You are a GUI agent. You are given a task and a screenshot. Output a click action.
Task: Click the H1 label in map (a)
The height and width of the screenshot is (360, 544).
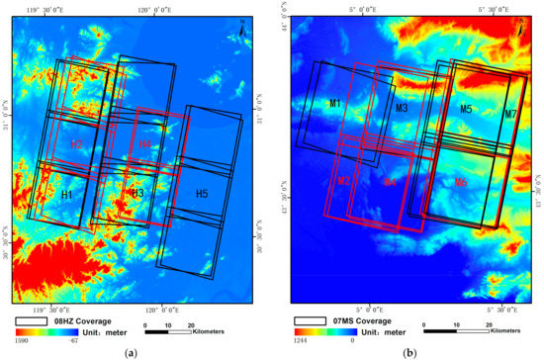66,196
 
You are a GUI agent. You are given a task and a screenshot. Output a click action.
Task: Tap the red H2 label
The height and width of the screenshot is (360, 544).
76,144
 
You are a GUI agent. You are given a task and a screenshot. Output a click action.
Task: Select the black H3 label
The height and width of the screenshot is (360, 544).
137,192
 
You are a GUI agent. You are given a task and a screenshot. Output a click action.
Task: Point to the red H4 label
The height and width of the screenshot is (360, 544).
144,146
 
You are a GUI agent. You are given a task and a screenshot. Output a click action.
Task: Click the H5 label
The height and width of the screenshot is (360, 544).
201,193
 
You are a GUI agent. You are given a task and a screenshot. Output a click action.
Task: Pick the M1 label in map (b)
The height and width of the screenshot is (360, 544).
335,104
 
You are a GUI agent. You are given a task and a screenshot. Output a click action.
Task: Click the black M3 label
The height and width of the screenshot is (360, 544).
401,108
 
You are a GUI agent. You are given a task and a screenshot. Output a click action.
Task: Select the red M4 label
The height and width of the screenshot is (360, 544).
390,182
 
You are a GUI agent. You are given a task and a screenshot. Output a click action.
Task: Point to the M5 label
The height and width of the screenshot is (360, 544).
466,109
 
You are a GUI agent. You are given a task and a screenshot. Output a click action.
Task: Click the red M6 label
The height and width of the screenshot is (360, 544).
461,182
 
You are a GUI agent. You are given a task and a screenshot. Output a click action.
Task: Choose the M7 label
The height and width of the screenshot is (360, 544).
510,115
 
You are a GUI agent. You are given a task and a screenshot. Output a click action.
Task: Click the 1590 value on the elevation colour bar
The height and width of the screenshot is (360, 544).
20,339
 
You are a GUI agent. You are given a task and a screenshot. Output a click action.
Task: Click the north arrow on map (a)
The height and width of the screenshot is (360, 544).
244,29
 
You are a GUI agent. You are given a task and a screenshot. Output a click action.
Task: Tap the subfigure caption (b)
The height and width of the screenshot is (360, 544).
408,352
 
